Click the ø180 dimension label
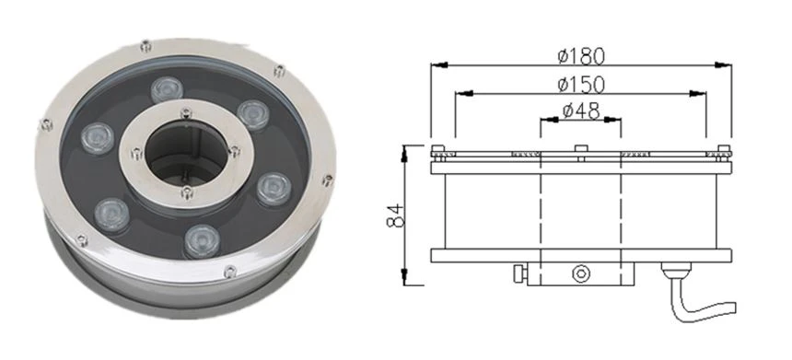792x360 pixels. (x=581, y=55)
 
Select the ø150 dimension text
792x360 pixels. (x=581, y=85)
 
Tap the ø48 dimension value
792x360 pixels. (x=581, y=110)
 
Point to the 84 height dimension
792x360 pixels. (x=396, y=215)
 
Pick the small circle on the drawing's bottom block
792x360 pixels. (x=581, y=273)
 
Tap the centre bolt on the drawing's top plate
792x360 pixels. (x=581, y=148)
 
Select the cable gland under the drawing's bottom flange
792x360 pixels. (x=676, y=271)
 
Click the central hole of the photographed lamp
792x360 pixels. (x=186, y=153)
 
